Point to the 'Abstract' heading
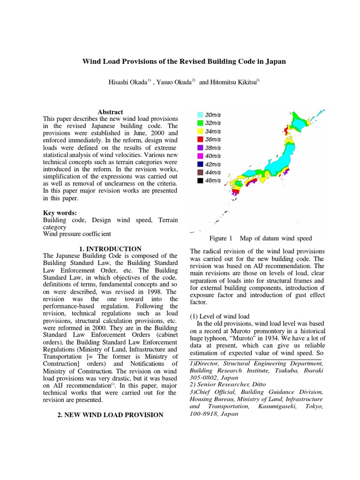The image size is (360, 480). click(x=110, y=112)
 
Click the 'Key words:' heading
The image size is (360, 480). click(x=60, y=212)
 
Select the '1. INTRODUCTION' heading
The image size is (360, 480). click(x=110, y=248)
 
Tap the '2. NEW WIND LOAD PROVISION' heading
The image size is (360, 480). click(x=110, y=415)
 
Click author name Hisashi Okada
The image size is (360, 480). click(x=127, y=82)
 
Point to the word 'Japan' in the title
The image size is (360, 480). click(x=274, y=61)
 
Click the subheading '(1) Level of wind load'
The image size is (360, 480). click(x=219, y=316)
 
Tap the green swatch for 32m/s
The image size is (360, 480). click(x=200, y=123)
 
